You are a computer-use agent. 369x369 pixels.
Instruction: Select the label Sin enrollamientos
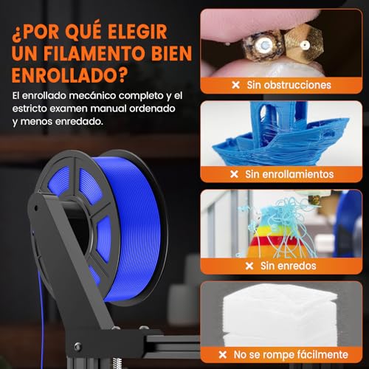click(292, 174)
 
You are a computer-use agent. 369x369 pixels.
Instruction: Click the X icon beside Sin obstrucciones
click(234, 85)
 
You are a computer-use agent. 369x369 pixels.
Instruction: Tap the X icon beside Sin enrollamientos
click(234, 174)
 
